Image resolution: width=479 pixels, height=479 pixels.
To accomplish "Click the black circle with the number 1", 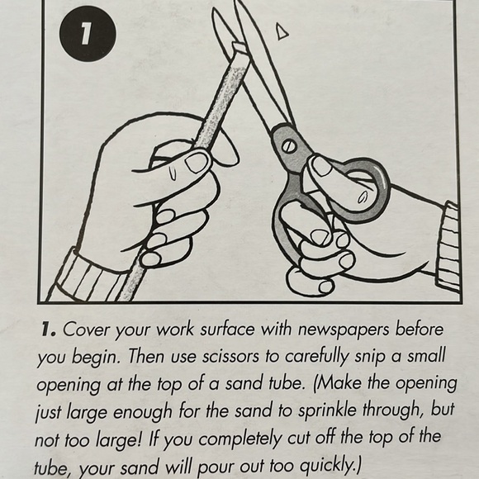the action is click(88, 34).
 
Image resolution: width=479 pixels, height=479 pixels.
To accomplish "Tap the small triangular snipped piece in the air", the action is click(282, 31).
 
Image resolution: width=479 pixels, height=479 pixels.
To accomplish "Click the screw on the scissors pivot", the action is click(289, 147).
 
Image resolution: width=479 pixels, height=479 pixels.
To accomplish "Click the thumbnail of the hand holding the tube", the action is click(197, 163).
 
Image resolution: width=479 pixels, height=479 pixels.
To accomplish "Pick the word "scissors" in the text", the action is click(230, 356).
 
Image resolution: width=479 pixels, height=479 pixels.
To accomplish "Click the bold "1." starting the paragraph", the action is click(49, 330).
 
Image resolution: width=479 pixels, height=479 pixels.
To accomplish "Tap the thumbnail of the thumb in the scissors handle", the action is click(321, 167).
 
